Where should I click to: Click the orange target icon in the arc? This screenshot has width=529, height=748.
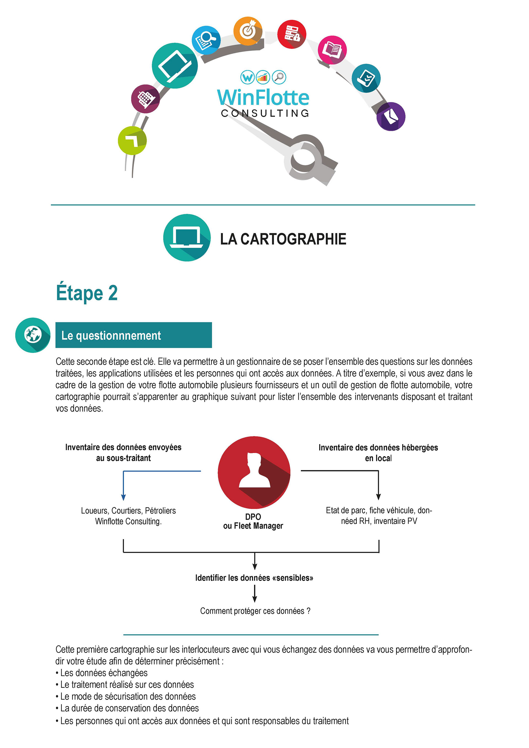click(247, 31)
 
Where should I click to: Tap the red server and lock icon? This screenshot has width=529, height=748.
click(292, 34)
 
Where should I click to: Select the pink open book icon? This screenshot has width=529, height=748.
click(332, 50)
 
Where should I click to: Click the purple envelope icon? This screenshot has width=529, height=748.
click(390, 116)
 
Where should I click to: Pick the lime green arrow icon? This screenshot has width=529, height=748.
click(132, 140)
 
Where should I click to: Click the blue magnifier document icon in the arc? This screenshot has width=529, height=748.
click(206, 40)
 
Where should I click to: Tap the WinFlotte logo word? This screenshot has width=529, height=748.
click(263, 97)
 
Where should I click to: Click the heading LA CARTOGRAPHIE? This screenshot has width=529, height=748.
click(283, 239)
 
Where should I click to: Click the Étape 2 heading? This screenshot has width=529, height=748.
click(87, 293)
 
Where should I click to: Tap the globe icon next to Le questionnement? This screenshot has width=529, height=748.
click(33, 335)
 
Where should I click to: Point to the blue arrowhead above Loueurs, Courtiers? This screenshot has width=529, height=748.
click(123, 497)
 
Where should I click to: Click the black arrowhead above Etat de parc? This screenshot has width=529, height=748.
click(378, 497)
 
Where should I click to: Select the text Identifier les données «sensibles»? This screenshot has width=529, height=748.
click(254, 578)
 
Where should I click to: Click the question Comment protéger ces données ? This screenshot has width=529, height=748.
click(255, 611)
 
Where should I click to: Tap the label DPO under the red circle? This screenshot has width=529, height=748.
click(253, 517)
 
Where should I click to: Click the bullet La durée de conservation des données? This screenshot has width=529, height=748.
click(129, 708)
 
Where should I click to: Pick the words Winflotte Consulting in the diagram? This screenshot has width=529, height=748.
click(128, 521)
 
